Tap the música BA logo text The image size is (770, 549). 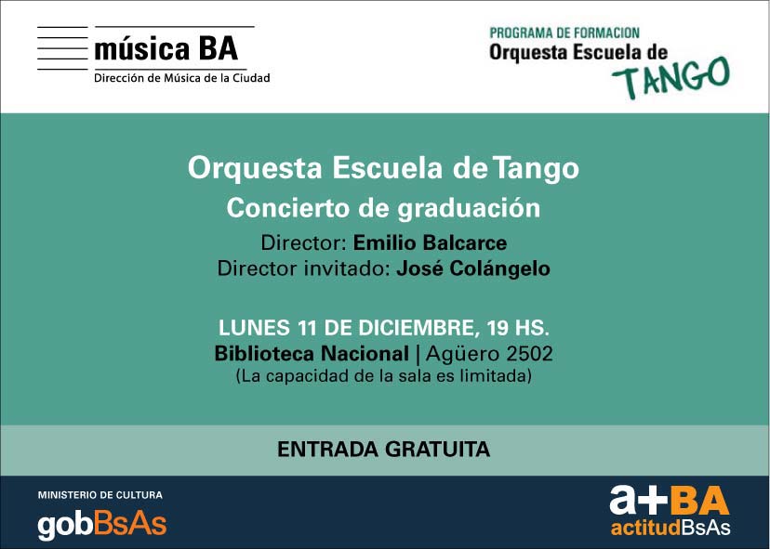click(x=166, y=49)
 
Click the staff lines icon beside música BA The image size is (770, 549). click(x=62, y=48)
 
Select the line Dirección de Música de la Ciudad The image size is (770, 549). click(x=181, y=78)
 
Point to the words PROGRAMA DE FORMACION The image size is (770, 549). click(x=564, y=33)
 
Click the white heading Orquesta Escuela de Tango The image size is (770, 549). click(x=383, y=168)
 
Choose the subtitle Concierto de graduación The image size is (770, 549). click(x=383, y=208)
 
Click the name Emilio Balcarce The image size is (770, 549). click(x=430, y=242)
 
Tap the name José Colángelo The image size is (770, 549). click(x=473, y=268)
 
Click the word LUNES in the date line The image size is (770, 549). click(x=254, y=328)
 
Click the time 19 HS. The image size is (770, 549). click(x=518, y=328)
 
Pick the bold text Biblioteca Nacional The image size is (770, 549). click(x=312, y=354)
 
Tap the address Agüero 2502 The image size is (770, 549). click(x=489, y=354)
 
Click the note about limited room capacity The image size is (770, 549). click(x=383, y=376)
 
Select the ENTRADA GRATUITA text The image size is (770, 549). click(x=383, y=450)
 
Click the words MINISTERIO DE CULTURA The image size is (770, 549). click(x=100, y=495)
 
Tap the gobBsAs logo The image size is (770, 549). click(x=102, y=526)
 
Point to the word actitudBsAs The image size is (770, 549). click(x=670, y=528)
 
